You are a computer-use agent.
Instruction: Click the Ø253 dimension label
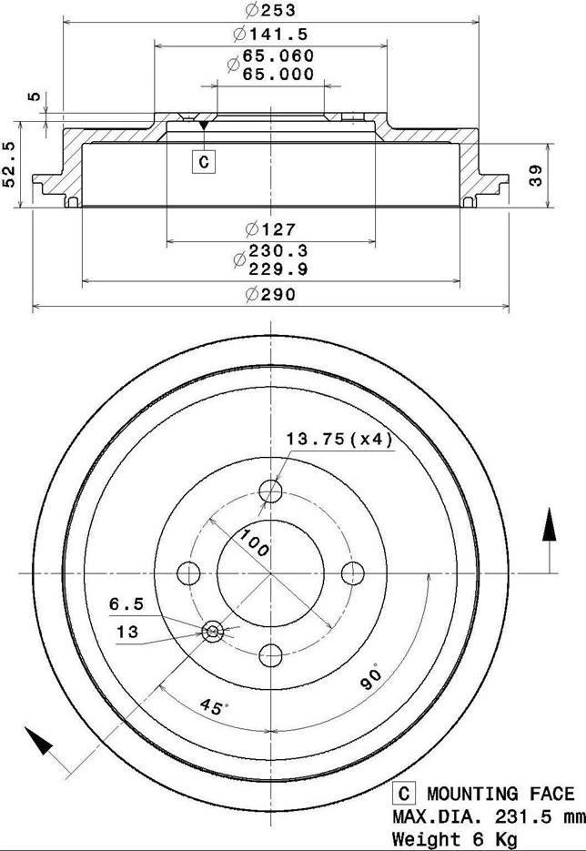270,11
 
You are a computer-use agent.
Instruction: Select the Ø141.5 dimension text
270,35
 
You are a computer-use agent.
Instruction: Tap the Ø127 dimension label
270,229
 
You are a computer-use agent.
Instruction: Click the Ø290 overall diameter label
270,294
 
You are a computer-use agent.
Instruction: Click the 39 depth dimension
536,176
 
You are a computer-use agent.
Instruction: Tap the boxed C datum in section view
204,162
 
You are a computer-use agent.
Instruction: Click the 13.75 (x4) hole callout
338,440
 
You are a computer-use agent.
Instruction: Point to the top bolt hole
271,492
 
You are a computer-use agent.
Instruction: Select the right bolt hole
352,573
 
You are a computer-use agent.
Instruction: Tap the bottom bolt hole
271,654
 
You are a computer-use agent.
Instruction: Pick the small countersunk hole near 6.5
214,631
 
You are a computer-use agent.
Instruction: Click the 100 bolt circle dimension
254,543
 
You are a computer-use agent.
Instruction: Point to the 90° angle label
369,678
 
